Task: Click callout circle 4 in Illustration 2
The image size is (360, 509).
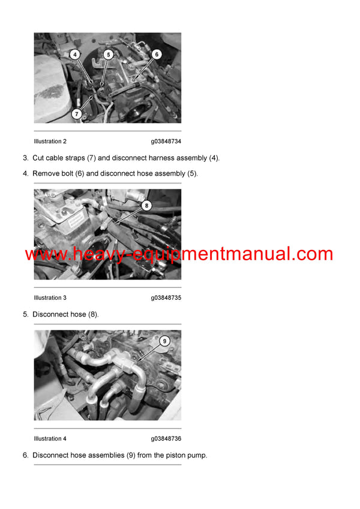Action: click(x=75, y=54)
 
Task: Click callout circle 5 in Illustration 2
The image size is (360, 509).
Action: click(x=108, y=54)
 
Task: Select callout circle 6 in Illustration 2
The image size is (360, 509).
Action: click(x=157, y=54)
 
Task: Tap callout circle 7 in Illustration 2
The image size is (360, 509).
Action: click(x=77, y=113)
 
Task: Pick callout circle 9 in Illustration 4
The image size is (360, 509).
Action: click(x=165, y=341)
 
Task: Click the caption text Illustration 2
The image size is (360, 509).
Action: click(x=50, y=141)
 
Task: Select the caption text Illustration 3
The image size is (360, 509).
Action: click(x=50, y=298)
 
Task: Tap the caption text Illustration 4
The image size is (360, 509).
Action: click(x=50, y=439)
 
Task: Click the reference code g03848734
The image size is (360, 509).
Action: click(x=166, y=141)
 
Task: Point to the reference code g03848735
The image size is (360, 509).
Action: click(x=166, y=298)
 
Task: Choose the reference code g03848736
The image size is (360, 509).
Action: click(x=166, y=439)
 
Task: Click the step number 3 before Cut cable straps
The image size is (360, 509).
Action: click(x=25, y=158)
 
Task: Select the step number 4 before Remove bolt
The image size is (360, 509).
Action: click(x=25, y=174)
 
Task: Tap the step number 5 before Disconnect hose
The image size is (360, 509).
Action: click(x=25, y=314)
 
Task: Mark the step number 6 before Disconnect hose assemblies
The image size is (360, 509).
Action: click(x=25, y=456)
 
